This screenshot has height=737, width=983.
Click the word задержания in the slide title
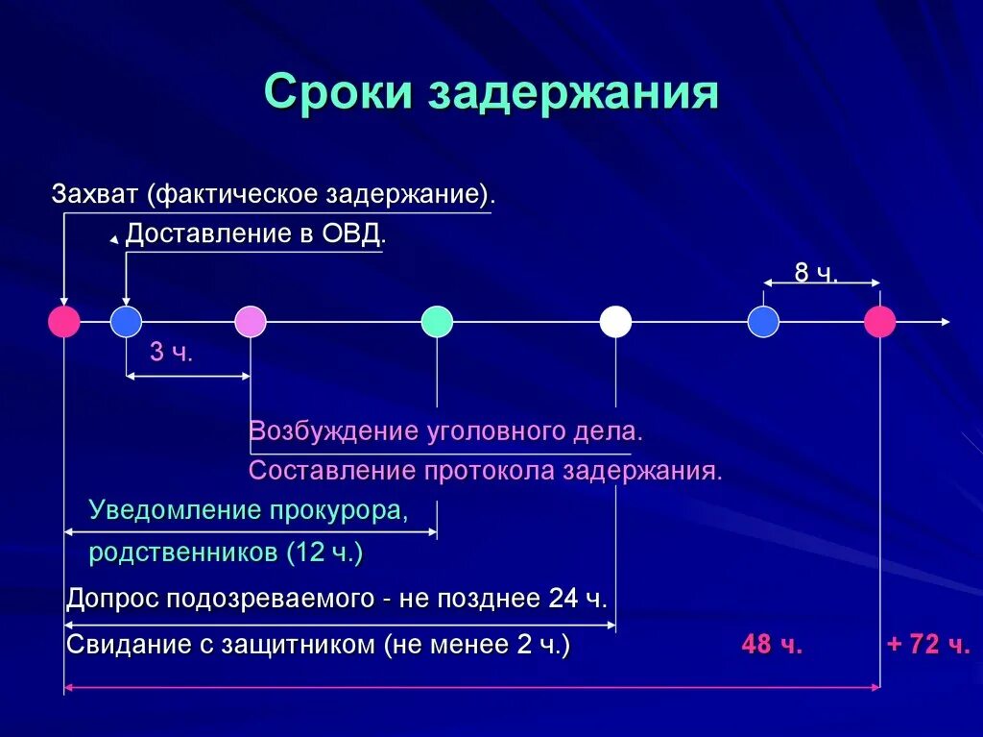click(x=573, y=94)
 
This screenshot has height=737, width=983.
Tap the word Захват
click(x=96, y=193)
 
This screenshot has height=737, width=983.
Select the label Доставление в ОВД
click(x=255, y=234)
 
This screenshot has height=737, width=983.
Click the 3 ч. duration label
click(x=172, y=353)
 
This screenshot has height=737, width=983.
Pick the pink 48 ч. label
click(x=772, y=645)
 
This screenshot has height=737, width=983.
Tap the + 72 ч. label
click(x=927, y=645)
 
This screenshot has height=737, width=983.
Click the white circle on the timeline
click(x=615, y=322)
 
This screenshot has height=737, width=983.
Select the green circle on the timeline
click(x=437, y=322)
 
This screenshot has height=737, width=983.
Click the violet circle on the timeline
click(x=251, y=322)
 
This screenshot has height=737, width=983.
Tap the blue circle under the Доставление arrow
click(x=126, y=322)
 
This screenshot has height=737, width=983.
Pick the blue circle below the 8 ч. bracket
click(x=763, y=322)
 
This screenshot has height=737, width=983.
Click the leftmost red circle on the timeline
click(x=64, y=322)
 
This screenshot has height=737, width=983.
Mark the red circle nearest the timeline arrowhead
click(x=879, y=322)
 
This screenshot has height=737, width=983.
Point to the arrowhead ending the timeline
click(x=946, y=322)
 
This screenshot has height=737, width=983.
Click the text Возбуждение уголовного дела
click(x=445, y=431)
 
